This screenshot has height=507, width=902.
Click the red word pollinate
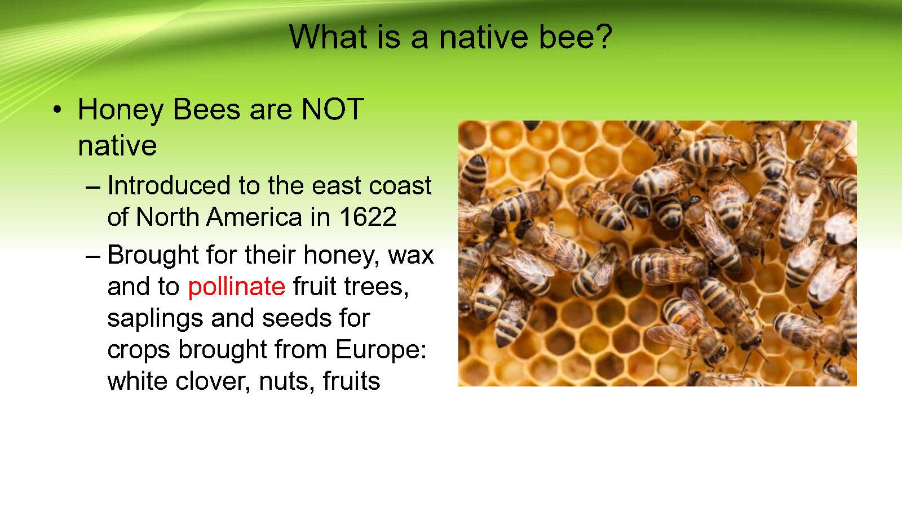pos(236,287)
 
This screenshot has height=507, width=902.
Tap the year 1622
pos(368,217)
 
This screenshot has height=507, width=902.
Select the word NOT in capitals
pos(333,109)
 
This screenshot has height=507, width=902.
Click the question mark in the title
pos(603,37)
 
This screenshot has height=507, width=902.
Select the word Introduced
pos(169,185)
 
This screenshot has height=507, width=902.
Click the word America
pos(254,217)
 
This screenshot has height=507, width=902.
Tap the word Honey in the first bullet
pos(121,110)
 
